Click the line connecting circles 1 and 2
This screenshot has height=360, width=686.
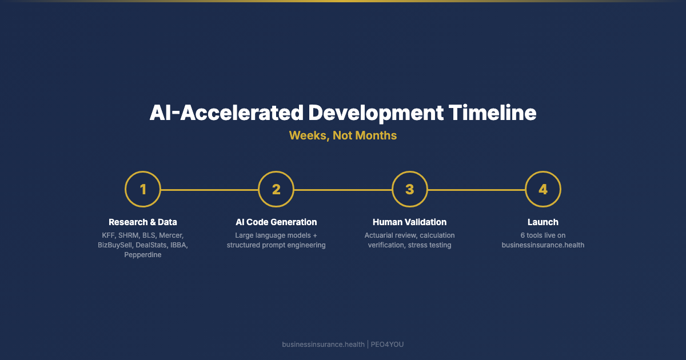[x=209, y=190]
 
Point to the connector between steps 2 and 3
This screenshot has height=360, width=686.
[x=343, y=190]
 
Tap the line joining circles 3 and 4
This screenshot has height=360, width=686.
[x=476, y=190]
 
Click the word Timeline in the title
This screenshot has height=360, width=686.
[x=492, y=113]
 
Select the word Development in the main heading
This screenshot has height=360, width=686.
[x=376, y=114]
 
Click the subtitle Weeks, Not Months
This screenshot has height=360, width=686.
[x=343, y=135]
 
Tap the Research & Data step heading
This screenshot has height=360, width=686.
[x=143, y=222]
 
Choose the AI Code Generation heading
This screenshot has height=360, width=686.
[x=276, y=222]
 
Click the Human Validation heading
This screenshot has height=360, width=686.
[x=410, y=222]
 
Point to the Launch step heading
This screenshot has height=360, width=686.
[x=543, y=222]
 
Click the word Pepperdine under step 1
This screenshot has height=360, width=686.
[x=143, y=255]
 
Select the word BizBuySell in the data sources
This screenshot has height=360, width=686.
[x=115, y=245]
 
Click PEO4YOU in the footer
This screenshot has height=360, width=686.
[x=387, y=345]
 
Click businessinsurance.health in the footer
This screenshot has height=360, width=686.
[x=323, y=345]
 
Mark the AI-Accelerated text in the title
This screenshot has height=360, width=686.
[x=226, y=113]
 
